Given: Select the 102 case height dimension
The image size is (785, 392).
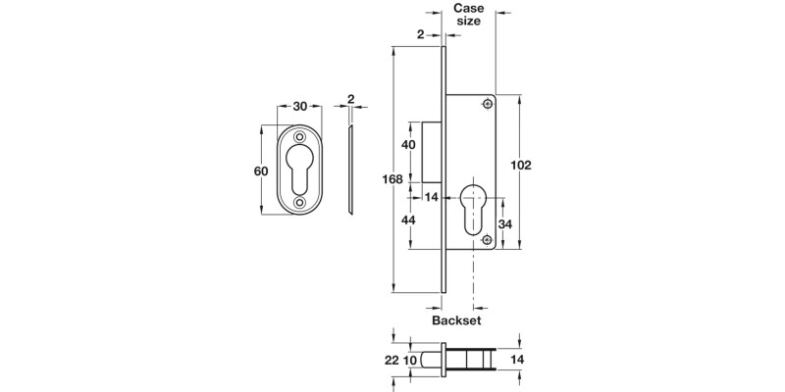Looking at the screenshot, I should [521, 166].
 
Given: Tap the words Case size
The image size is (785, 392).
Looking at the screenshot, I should [468, 16].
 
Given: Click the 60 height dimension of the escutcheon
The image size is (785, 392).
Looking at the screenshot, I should [261, 171].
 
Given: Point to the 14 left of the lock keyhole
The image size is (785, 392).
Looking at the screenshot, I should [432, 197].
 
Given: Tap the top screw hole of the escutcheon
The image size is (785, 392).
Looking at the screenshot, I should [300, 138].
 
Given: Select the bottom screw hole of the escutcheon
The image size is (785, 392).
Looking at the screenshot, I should [300, 203].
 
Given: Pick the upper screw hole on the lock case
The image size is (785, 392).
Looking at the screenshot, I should [486, 105].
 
